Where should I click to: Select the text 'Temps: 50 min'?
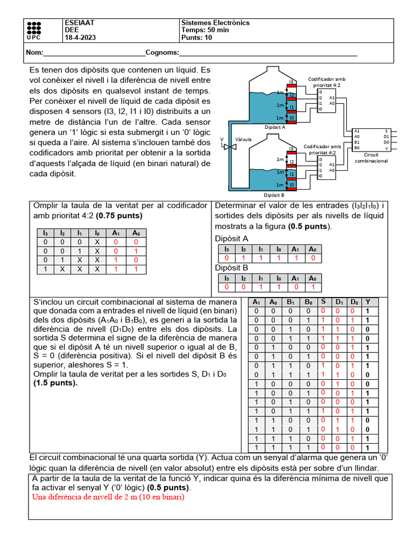pyautogui.click(x=205, y=30)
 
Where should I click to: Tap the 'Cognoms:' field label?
pyautogui.click(x=162, y=53)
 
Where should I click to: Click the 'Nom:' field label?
pyautogui.click(x=34, y=53)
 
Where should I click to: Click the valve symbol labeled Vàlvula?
pyautogui.click(x=230, y=146)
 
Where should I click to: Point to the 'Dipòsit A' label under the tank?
pyautogui.click(x=275, y=127)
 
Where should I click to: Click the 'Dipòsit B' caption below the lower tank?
pyautogui.click(x=274, y=196)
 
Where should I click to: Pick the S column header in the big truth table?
pyautogui.click(x=323, y=302)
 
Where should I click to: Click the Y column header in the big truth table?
pyautogui.click(x=368, y=302)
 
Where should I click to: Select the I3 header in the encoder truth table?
pyautogui.click(x=46, y=233)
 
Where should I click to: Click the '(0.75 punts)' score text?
pyautogui.click(x=123, y=215)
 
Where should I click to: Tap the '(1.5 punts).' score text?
pyautogui.click(x=55, y=383)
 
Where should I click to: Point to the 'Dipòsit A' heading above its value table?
pyautogui.click(x=232, y=238)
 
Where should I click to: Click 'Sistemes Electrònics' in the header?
pyautogui.click(x=215, y=23)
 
